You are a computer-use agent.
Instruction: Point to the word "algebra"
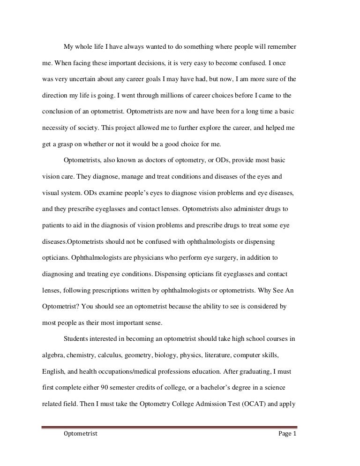tap(48, 355)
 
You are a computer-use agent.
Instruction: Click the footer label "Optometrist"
tap(80, 434)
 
